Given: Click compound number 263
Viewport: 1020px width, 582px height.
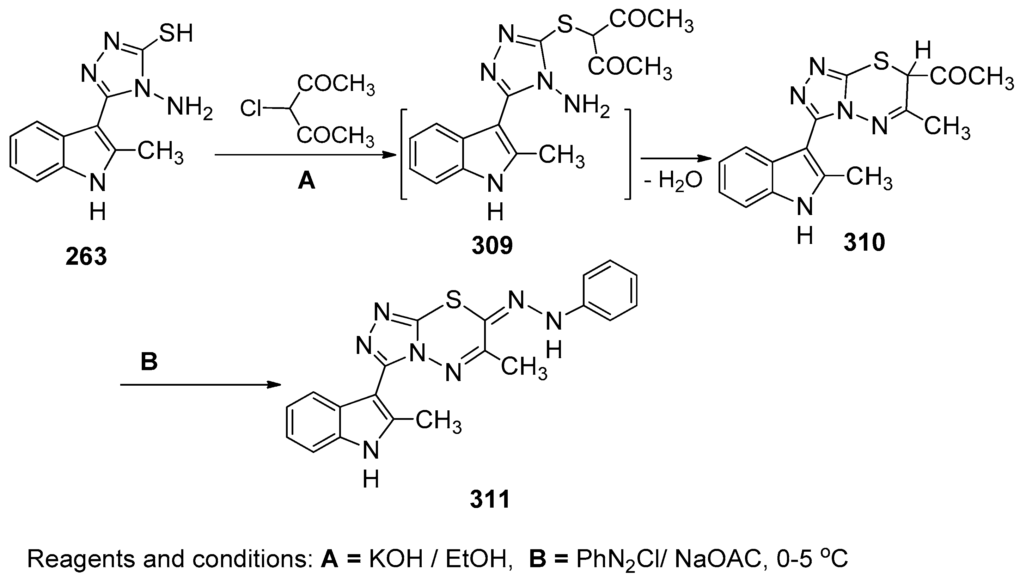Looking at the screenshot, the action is [86, 256].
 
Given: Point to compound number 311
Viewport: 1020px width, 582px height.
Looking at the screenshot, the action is [490, 499].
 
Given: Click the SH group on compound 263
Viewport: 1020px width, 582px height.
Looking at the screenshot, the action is [176, 33].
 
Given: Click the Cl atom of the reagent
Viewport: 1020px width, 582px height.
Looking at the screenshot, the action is [251, 108].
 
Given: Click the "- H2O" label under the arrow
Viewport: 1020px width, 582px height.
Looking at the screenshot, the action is [673, 180].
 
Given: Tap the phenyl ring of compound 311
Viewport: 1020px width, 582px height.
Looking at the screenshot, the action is [610, 290].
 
